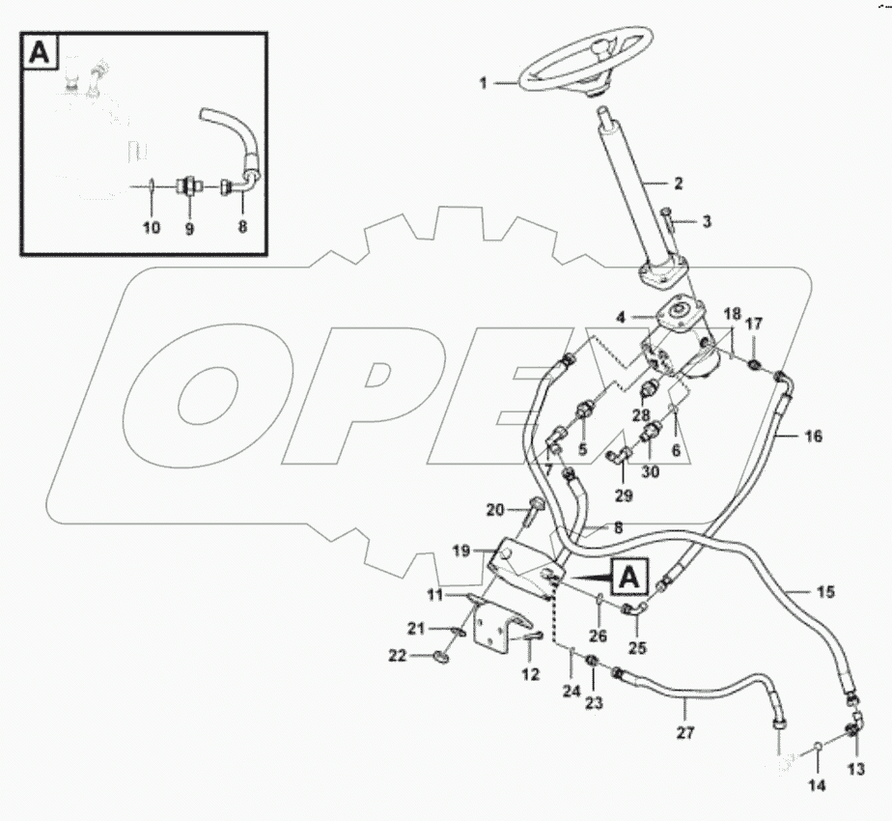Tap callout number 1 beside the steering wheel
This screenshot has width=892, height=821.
pos(484,84)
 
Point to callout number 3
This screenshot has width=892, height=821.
pos(706,222)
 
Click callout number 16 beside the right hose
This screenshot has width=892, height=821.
pos(813,437)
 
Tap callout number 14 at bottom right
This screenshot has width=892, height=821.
pos(817,787)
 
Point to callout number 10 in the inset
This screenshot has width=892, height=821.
pos(152,229)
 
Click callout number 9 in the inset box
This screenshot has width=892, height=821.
pos(189,229)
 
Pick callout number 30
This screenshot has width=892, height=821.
pos(651,472)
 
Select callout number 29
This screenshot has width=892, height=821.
pos(623,496)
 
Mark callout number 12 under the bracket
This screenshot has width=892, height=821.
pos(531,674)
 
